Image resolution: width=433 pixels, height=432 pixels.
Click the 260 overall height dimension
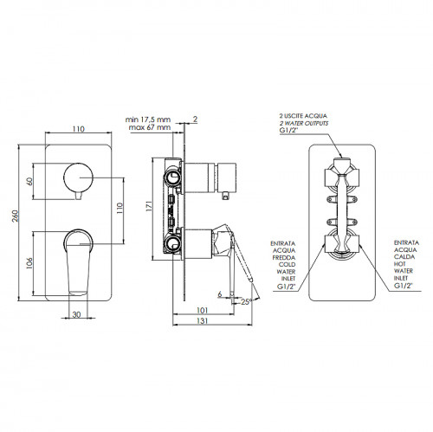pos(16,216)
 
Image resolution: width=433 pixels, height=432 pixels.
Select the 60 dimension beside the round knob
pos(29,181)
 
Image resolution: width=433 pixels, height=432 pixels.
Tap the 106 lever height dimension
pos(29,263)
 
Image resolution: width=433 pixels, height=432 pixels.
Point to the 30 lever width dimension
pos(76,314)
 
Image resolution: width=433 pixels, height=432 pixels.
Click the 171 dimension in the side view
pos(149,206)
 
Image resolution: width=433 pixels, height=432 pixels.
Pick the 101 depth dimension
pos(202,310)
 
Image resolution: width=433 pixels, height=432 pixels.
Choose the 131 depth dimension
pos(202,320)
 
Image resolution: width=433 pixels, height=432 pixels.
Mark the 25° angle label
pos(247,302)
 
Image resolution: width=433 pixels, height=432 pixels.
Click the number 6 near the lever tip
pos(220,294)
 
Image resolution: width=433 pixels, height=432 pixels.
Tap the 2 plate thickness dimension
pos(195,119)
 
